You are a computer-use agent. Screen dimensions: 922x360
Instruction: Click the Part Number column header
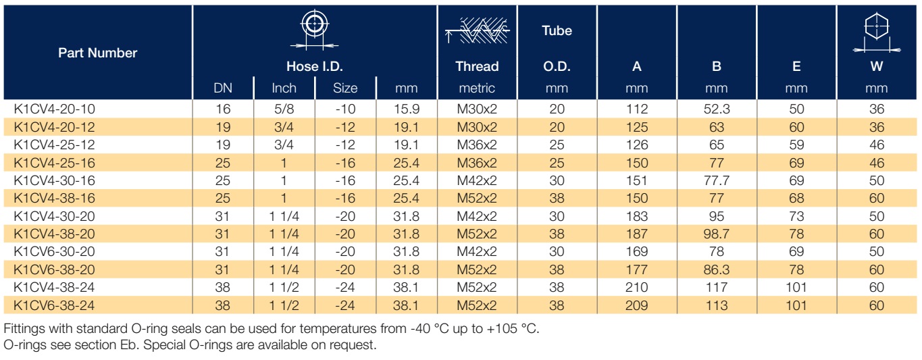97,53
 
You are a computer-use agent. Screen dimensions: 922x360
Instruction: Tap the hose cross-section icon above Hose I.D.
315,30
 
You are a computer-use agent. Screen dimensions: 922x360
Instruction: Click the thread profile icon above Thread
477,30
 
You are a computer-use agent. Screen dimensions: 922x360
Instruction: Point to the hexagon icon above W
876,33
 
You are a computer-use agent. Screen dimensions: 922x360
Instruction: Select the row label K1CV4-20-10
54,109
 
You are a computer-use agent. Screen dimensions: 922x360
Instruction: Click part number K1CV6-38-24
54,305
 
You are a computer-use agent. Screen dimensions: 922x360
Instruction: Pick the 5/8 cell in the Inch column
284,109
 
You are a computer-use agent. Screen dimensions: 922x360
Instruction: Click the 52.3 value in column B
717,109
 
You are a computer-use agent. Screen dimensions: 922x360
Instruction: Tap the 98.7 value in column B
717,234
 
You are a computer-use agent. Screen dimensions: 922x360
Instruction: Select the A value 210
637,287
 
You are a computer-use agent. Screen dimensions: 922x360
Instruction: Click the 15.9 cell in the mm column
406,109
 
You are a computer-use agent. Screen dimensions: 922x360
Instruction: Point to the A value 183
637,216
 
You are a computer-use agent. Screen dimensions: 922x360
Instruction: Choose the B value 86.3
717,269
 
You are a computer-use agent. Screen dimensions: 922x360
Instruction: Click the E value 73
796,216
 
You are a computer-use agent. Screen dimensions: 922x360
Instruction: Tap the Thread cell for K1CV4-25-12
477,145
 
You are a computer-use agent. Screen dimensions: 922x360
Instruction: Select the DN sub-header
223,88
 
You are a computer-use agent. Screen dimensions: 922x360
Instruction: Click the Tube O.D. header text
557,48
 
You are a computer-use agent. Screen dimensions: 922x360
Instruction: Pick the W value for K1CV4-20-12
876,127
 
